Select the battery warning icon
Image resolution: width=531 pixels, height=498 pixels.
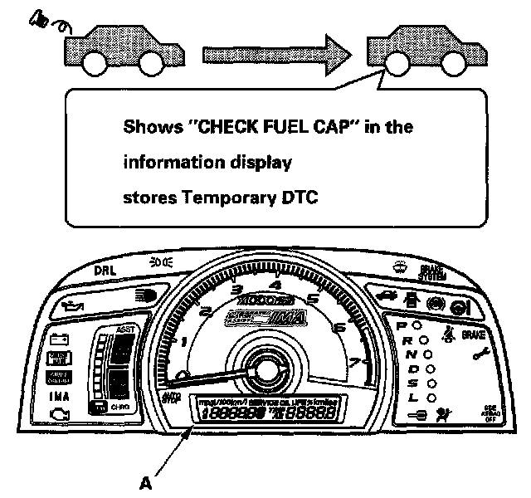(x=59, y=339)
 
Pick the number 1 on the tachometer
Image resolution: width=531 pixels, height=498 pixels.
(x=183, y=341)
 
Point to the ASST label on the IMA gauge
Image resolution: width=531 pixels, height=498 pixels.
(x=126, y=328)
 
